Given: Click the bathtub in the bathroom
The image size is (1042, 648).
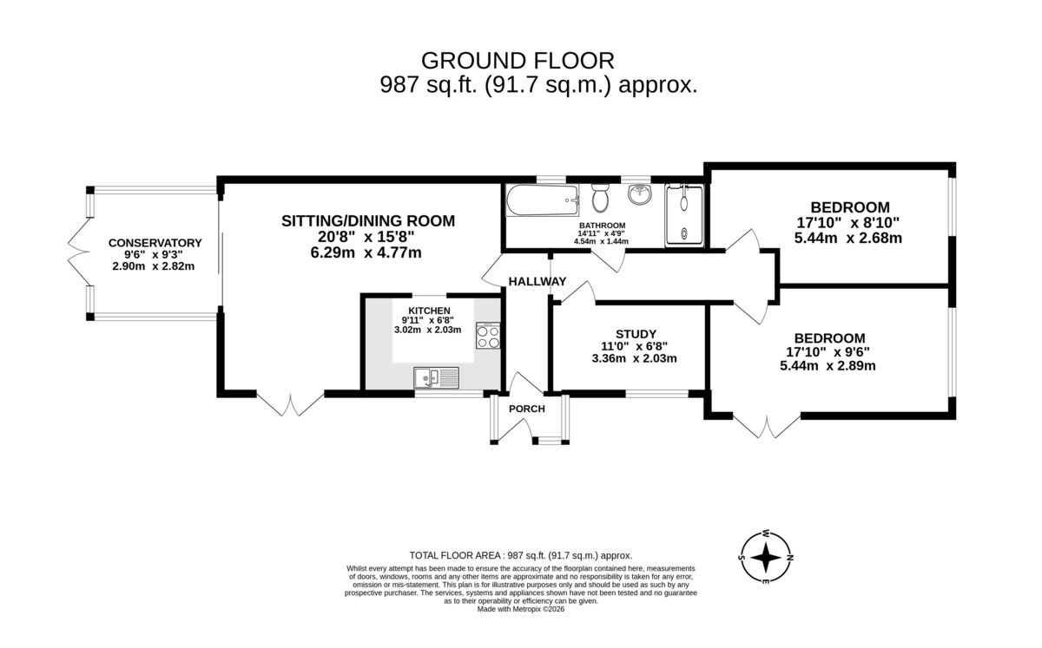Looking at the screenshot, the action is pyautogui.click(x=543, y=200).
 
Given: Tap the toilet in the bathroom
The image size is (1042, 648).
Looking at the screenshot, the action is pyautogui.click(x=601, y=197).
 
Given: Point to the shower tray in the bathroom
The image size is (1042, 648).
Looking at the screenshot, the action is pyautogui.click(x=684, y=215).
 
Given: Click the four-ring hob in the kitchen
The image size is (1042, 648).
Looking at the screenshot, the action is pyautogui.click(x=488, y=336).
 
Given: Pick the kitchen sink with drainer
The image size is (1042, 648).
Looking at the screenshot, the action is pyautogui.click(x=436, y=377).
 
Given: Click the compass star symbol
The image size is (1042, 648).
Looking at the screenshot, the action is pyautogui.click(x=766, y=558).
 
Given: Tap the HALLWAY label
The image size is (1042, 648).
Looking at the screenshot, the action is pyautogui.click(x=537, y=281).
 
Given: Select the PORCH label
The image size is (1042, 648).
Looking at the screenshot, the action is pyautogui.click(x=526, y=409).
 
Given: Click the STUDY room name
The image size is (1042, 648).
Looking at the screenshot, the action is pyautogui.click(x=636, y=334).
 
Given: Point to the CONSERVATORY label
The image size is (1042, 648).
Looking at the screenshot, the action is pyautogui.click(x=155, y=243).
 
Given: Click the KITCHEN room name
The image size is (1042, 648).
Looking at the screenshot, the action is pyautogui.click(x=429, y=311).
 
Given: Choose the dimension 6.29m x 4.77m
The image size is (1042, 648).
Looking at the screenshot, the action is pyautogui.click(x=366, y=253).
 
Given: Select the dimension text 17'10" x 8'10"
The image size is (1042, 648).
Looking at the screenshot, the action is pyautogui.click(x=848, y=223).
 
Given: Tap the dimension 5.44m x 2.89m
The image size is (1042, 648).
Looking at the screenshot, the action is pyautogui.click(x=828, y=365).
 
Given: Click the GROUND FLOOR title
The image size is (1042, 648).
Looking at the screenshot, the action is pyautogui.click(x=518, y=61).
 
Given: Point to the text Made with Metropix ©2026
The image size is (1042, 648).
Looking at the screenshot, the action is pyautogui.click(x=520, y=609).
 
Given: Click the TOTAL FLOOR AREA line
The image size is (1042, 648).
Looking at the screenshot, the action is pyautogui.click(x=520, y=555).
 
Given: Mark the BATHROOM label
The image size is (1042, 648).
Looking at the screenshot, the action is pyautogui.click(x=602, y=226).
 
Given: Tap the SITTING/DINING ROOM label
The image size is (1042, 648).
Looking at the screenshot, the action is pyautogui.click(x=368, y=221).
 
